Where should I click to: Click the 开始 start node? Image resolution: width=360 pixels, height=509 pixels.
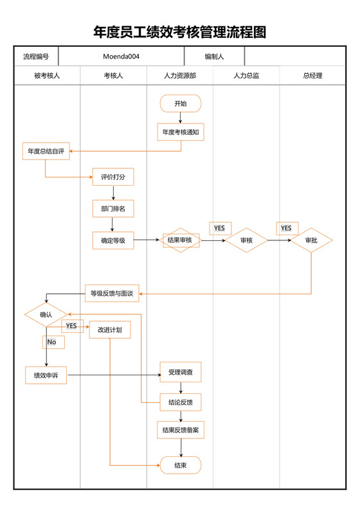tap(181, 103)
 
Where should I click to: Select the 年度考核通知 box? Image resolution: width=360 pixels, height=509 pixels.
tap(181, 132)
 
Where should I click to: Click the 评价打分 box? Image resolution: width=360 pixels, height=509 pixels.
tap(113, 177)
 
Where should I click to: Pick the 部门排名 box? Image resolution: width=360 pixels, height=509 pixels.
tap(113, 209)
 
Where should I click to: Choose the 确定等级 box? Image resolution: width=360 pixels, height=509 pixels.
tap(113, 240)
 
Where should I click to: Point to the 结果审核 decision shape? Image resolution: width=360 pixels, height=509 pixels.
tap(181, 240)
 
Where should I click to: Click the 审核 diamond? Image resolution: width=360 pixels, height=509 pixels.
tap(246, 240)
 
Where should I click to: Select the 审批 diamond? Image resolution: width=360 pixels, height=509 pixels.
tap(311, 240)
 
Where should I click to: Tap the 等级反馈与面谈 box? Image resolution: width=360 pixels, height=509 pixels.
tap(112, 293)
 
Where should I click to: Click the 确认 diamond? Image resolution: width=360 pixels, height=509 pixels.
tap(46, 315)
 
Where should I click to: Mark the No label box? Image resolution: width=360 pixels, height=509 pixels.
tap(53, 342)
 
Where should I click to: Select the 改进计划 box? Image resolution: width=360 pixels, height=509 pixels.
tap(110, 330)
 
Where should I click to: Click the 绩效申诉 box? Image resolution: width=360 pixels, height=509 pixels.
tap(46, 375)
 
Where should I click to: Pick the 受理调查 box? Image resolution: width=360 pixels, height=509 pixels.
tap(181, 371)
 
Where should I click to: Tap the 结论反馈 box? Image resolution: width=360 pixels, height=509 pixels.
tap(181, 402)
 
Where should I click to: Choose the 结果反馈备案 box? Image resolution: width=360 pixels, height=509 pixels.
tap(181, 430)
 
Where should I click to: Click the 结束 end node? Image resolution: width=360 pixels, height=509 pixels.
tap(181, 465)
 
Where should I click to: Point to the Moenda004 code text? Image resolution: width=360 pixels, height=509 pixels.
tap(122, 57)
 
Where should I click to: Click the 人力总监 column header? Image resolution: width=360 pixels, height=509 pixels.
tap(246, 76)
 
